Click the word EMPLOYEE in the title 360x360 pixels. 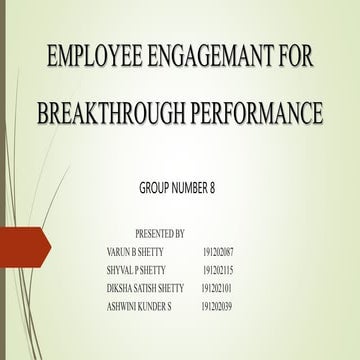click(x=82, y=58)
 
